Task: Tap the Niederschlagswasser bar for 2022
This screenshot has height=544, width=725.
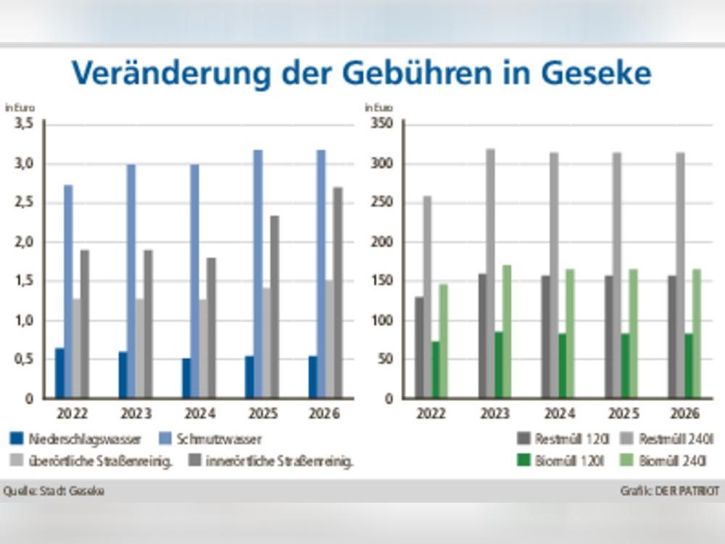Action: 59,373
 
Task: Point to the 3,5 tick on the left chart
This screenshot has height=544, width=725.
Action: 25,124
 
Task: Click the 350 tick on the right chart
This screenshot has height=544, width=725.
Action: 383,124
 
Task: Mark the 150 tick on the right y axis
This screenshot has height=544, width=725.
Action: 383,281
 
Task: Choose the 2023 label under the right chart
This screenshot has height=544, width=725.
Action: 495,414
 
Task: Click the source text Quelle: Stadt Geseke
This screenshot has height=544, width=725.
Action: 54,491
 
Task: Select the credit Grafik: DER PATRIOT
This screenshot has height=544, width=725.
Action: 670,491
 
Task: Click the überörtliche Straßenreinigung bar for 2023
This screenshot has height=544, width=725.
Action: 139,348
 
